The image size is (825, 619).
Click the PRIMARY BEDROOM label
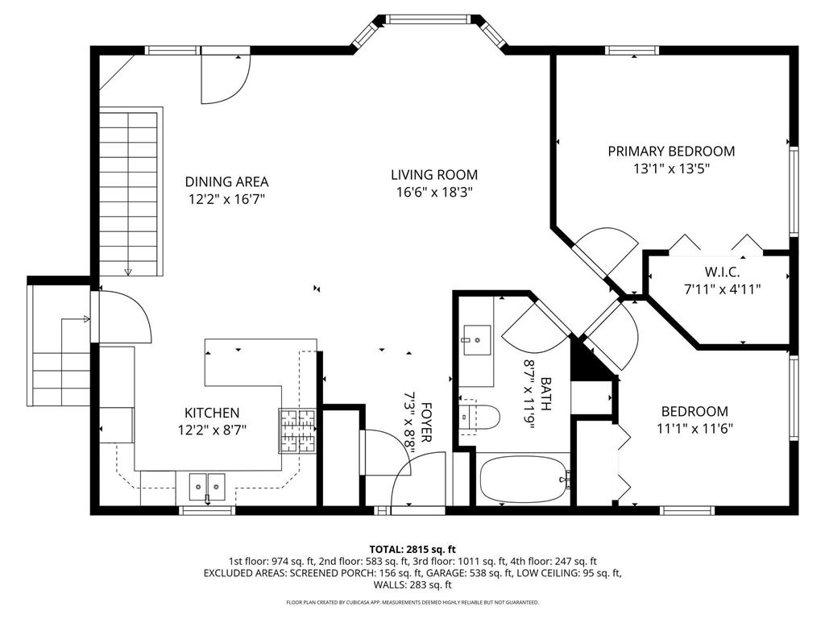click(x=671, y=152)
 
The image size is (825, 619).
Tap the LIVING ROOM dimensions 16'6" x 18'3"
click(x=434, y=193)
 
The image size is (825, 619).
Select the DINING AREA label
click(x=226, y=182)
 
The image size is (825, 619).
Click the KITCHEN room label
click(x=212, y=413)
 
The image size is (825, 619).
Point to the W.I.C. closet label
click(x=723, y=272)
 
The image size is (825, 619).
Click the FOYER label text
click(x=426, y=422)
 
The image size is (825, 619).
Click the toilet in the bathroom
click(x=479, y=418)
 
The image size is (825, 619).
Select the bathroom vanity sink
click(x=477, y=340)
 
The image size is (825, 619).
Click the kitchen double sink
click(x=207, y=486)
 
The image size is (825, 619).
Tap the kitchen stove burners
click(x=297, y=431)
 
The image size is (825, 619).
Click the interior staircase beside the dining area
click(x=129, y=193)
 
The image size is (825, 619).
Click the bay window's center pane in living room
click(x=427, y=19)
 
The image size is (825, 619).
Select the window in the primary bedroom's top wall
click(x=632, y=51)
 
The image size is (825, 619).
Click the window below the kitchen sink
click(x=207, y=510)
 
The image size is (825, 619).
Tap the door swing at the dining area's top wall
click(x=226, y=79)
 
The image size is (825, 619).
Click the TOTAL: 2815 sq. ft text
click(x=412, y=550)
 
